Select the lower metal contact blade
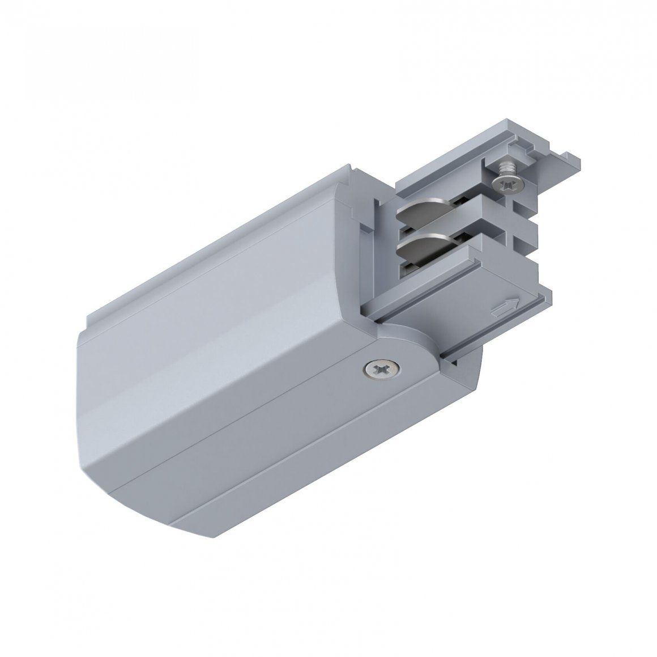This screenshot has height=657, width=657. [x=417, y=248]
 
